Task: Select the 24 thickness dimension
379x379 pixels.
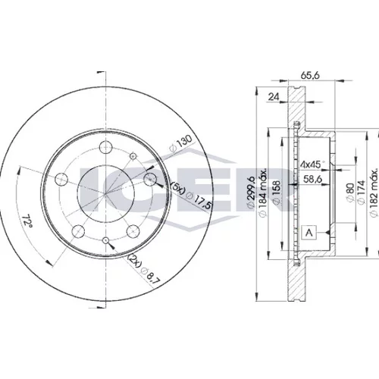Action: coord(273,97)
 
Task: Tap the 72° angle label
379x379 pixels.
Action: coord(27,221)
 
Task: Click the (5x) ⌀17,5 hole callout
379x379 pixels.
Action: coord(191,196)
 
